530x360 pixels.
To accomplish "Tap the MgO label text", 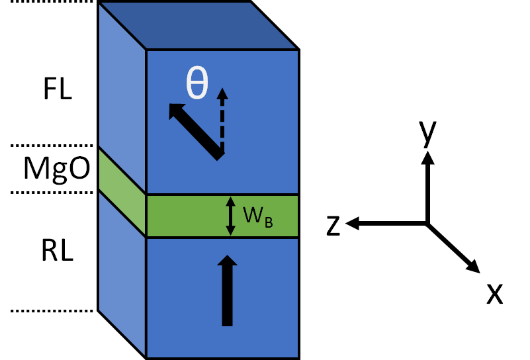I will tap(57, 169).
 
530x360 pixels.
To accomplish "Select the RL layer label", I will tap(57, 252).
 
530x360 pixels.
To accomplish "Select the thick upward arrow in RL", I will tap(227, 291).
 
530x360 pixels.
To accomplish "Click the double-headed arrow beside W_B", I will tap(230, 216).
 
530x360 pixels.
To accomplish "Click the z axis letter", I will tap(333, 225).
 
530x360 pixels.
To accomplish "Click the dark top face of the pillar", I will tap(199, 25).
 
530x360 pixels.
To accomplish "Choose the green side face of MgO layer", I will tap(122, 192).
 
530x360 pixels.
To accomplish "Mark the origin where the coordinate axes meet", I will tap(427, 224).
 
